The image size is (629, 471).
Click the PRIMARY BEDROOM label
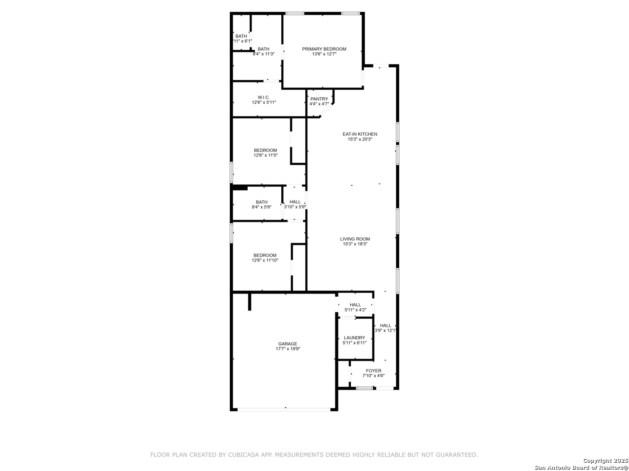[x=324, y=49]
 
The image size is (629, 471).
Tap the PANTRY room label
[x=319, y=99]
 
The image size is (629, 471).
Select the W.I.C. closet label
[x=263, y=97]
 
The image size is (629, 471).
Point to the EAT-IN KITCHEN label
[x=359, y=134]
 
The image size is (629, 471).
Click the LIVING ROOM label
[x=355, y=239]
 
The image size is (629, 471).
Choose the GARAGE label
[x=287, y=344]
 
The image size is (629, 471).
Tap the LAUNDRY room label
[x=354, y=338]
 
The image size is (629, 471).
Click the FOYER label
[x=373, y=371]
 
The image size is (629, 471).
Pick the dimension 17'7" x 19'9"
[x=287, y=349]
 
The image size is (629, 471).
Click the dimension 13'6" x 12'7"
[x=324, y=54]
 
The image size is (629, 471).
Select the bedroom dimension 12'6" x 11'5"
[x=265, y=155]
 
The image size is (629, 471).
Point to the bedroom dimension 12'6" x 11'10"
[x=265, y=260]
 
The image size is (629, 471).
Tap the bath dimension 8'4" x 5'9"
[x=261, y=207]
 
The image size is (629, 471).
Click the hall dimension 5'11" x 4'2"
[x=355, y=310]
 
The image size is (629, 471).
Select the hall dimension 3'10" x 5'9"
[x=295, y=207]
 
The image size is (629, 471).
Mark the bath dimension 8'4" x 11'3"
[x=263, y=54]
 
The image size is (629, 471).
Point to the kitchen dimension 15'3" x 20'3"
[x=359, y=140]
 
